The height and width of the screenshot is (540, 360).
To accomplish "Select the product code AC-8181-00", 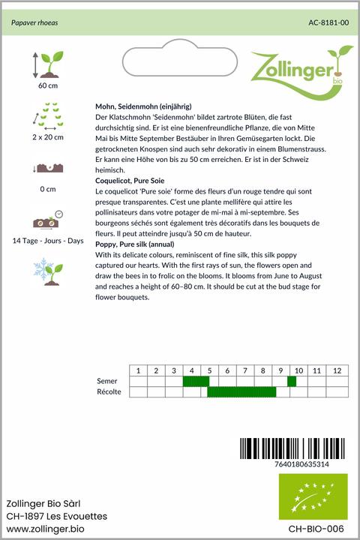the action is tap(328, 23).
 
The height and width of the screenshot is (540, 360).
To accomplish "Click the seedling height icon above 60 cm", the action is tap(46, 65).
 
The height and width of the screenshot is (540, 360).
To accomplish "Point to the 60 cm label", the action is tap(48, 85).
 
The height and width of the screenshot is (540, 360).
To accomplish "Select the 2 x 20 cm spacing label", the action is tap(48, 137).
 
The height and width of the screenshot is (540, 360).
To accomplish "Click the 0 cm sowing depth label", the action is tap(48, 189).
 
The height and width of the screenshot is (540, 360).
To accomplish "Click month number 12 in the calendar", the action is tap(337, 370).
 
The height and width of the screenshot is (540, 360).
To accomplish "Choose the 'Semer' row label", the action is tap(107, 381).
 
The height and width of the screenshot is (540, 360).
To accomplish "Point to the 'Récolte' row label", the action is tap(109, 391).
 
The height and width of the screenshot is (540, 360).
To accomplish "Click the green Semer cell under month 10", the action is tap(292, 381).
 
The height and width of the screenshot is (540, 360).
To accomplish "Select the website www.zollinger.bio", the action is tap(45, 529).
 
